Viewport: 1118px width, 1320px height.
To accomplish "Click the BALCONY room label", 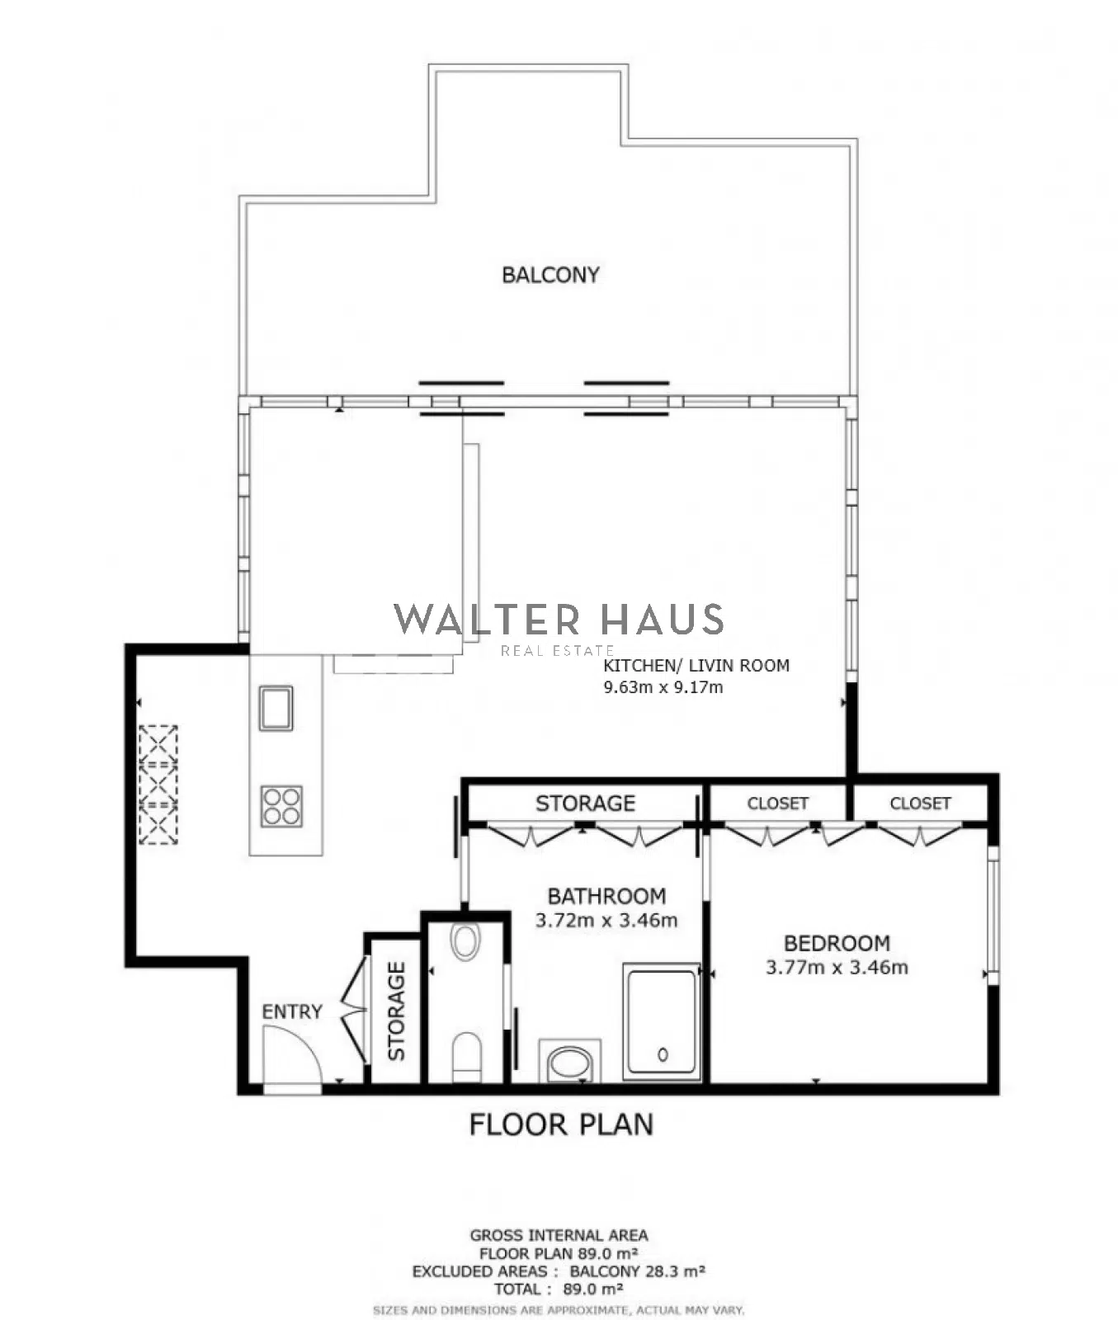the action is coord(550,275).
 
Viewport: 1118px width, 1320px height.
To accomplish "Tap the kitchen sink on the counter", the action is coord(276,708).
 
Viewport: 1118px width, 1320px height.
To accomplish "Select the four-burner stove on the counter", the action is coord(281,806).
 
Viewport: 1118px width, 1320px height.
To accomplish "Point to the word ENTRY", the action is coord(292,1011).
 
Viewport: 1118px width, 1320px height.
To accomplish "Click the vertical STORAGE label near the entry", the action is coord(397,1011).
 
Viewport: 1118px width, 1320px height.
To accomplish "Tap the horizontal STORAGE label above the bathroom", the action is coord(585,804).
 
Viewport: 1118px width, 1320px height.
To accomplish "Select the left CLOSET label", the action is coord(777,804).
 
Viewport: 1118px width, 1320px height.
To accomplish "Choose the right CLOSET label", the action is coord(920,804).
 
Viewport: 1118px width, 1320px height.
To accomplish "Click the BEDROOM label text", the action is coord(837,943).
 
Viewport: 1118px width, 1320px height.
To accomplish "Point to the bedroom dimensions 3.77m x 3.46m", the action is coord(837,968).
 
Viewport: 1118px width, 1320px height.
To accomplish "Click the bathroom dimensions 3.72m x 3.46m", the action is coord(606,921).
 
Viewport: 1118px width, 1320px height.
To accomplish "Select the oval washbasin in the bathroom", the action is coord(569,1062).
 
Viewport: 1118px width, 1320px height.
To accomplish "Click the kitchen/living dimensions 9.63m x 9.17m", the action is coord(663,687).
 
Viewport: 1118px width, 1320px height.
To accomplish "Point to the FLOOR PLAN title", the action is coord(561,1124).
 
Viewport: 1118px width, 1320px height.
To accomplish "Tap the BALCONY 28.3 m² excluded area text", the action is coord(637,1271).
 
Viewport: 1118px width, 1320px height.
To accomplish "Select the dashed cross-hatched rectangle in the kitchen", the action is coord(158,785).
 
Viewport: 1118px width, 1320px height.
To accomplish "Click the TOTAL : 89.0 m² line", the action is coord(559,1289).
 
